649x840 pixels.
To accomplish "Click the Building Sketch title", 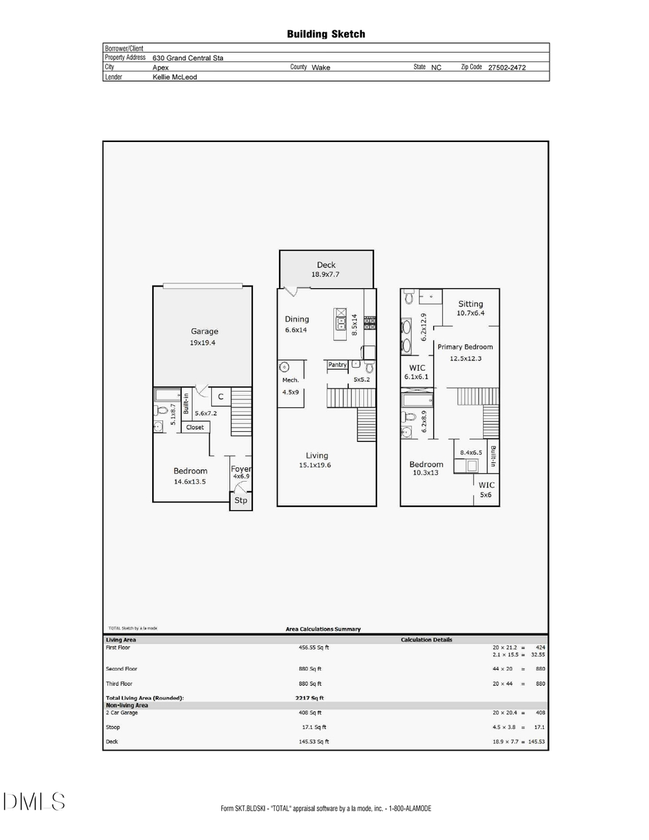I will click(x=325, y=34).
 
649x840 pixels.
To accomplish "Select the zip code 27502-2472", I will click(x=507, y=68).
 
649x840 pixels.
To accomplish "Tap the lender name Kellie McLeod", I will click(x=175, y=76).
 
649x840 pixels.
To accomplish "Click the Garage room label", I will click(x=204, y=332).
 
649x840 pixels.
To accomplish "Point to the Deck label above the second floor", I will click(x=326, y=265).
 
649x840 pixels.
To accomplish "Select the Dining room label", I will click(x=296, y=319).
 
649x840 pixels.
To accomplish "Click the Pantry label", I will click(x=337, y=365).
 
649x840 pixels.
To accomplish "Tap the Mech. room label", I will click(x=291, y=379).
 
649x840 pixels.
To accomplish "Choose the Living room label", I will click(x=317, y=455).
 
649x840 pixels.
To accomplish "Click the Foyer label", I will click(x=241, y=469).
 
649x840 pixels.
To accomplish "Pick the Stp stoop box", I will click(x=241, y=500).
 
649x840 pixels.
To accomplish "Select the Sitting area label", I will click(x=470, y=304).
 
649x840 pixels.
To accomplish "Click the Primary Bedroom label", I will click(x=464, y=347).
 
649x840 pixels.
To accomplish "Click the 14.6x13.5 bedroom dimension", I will click(x=190, y=481).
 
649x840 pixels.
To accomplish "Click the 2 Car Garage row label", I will click(x=123, y=712).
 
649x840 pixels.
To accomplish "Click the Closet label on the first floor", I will click(x=195, y=428).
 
